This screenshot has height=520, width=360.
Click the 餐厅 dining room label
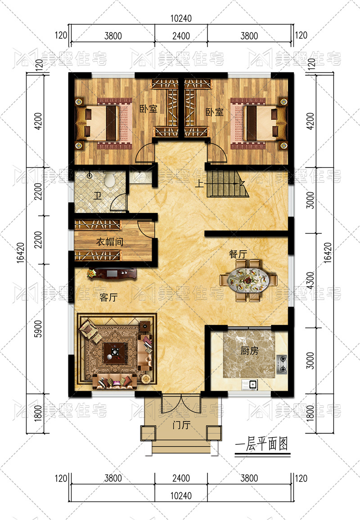tap(238, 254)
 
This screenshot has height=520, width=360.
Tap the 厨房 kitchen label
tap(249, 350)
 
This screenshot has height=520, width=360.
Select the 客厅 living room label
tap(108, 297)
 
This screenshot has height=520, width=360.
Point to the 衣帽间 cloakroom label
tap(110, 241)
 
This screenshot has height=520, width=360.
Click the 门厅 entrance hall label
tap(181, 425)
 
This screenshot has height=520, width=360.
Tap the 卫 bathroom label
tap(97, 196)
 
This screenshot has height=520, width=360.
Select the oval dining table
tap(248, 280)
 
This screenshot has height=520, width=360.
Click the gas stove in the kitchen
tap(282, 364)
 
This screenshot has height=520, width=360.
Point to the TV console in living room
tap(112, 274)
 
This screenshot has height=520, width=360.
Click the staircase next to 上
tap(227, 184)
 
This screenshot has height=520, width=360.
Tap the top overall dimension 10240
tap(181, 18)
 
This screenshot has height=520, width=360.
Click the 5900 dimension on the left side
tap(38, 329)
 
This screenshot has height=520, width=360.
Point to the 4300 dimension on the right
tap(310, 280)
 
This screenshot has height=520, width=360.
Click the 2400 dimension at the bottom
tap(181, 478)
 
